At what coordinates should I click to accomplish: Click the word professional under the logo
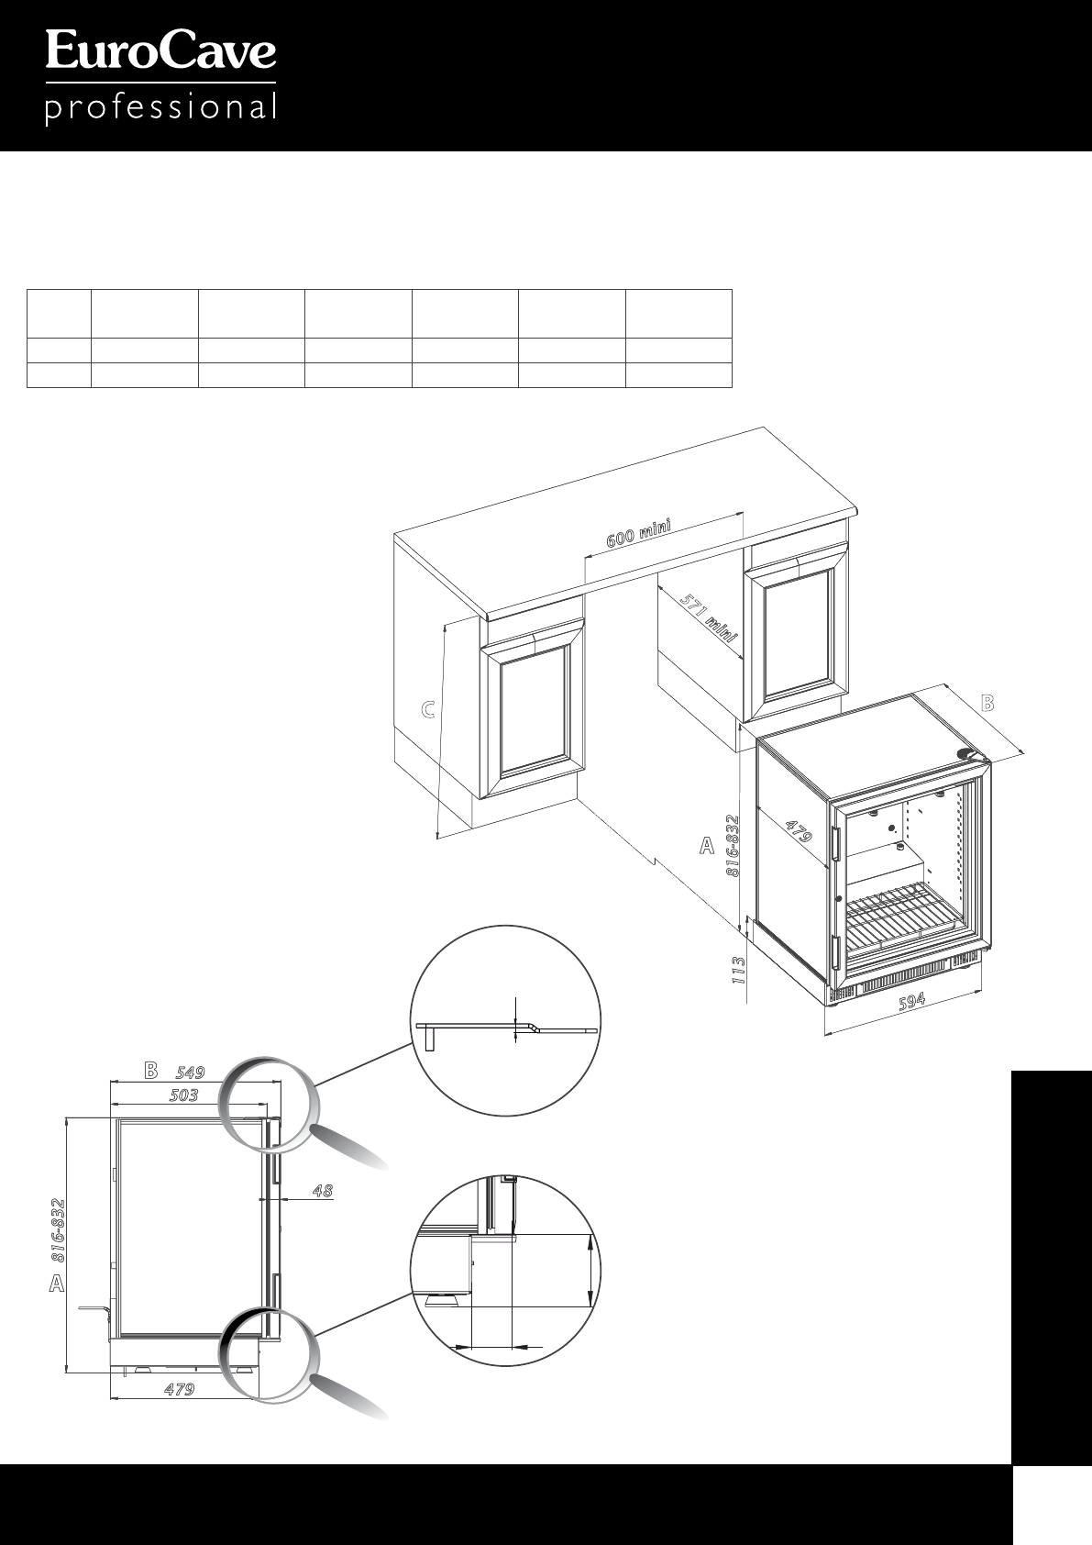(160, 109)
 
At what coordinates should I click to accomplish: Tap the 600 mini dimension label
(639, 533)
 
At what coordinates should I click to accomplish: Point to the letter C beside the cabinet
(427, 709)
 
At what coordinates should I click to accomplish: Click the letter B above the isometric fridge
(987, 704)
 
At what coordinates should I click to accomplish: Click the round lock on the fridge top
(965, 753)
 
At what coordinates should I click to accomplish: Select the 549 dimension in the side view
(190, 1072)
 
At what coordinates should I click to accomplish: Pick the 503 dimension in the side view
(183, 1095)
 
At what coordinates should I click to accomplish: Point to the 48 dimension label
(322, 1192)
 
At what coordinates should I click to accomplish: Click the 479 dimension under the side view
(179, 1389)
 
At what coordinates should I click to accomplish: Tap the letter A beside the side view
(57, 1284)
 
